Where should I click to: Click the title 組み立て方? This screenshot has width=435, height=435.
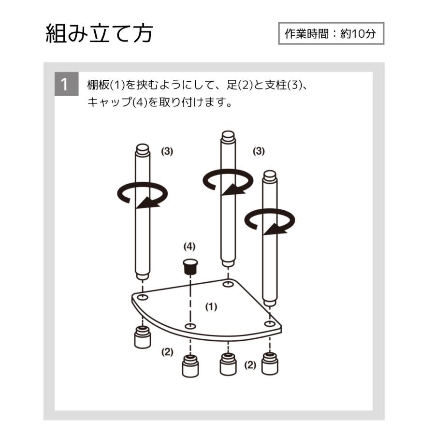(x=99, y=33)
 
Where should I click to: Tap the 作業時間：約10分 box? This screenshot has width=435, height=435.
(x=331, y=33)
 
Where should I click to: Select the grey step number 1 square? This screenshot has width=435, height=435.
(x=66, y=84)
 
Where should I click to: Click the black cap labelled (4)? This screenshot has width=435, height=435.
(x=190, y=266)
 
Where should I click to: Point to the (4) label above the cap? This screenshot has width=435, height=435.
(x=189, y=246)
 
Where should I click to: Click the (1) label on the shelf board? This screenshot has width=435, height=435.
(x=211, y=306)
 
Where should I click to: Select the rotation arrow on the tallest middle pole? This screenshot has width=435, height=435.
(x=228, y=182)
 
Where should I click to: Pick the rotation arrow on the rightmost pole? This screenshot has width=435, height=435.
(x=269, y=221)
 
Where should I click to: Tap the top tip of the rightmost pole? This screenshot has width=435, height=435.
(x=270, y=172)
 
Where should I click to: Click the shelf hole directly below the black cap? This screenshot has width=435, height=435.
(x=190, y=326)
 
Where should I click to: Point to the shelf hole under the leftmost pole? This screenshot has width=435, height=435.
(x=143, y=297)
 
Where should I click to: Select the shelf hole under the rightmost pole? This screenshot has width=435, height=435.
(x=269, y=323)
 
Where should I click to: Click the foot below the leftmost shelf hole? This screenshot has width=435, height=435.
(x=143, y=337)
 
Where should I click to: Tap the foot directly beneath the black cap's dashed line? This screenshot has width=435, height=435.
(x=190, y=366)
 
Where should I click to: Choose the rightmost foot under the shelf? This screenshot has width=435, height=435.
(x=270, y=363)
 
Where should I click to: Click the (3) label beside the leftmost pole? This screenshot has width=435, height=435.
(x=167, y=151)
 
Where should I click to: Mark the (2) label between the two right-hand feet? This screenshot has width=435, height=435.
(x=250, y=365)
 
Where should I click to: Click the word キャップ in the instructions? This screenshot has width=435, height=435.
(x=110, y=102)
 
